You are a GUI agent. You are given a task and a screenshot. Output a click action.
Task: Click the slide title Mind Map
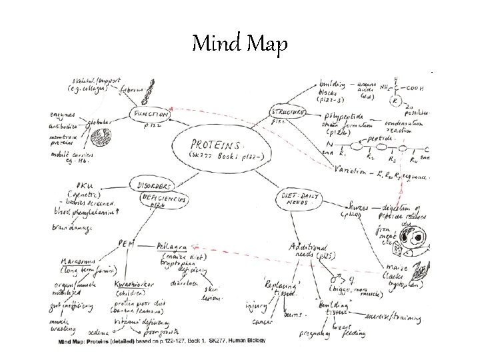pos(239,45)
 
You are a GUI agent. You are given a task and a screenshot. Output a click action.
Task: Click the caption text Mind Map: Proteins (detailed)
pos(95,340)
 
